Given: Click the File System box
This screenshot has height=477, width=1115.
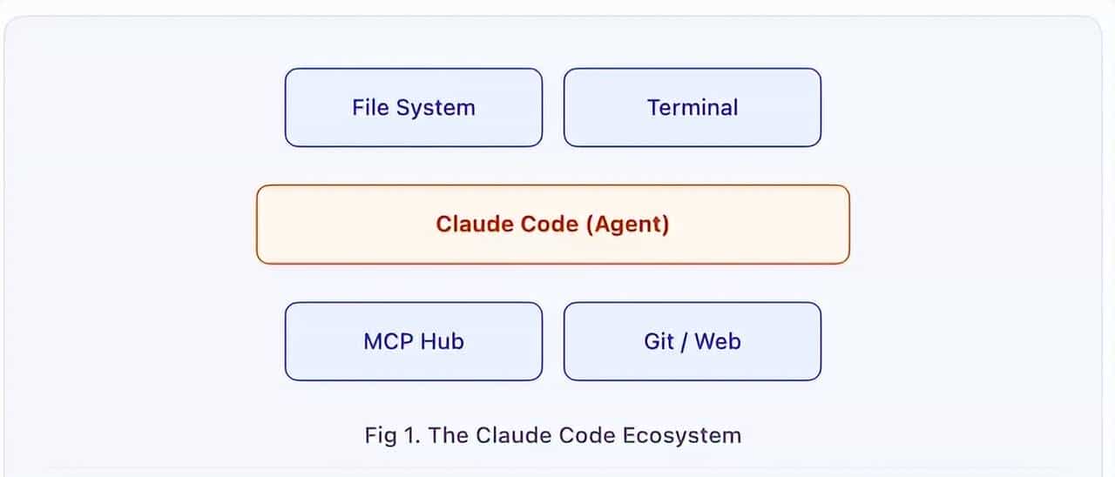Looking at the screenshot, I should [413, 108].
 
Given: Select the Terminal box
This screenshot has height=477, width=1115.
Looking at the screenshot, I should [692, 108].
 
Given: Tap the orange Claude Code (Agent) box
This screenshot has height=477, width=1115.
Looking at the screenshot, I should [552, 225].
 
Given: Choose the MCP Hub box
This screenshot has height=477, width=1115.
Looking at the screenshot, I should [413, 341].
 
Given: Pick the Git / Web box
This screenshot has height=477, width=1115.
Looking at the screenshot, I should [692, 341].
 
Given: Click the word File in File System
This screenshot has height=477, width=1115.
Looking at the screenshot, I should [370, 108].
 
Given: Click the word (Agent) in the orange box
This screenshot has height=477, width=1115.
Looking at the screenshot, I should [627, 225].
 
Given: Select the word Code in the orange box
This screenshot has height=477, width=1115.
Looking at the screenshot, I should [551, 225].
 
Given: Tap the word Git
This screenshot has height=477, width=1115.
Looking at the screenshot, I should [659, 341].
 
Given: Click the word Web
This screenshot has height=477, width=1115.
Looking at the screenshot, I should [718, 341].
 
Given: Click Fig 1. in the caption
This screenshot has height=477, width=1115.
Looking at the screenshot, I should [393, 435].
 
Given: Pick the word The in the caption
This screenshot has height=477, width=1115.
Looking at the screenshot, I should [449, 435].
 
